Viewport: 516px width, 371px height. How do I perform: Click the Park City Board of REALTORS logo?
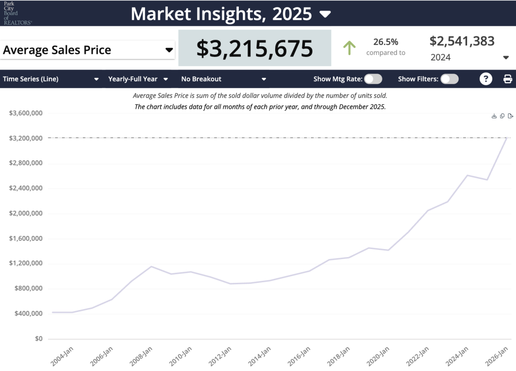pos(17,13)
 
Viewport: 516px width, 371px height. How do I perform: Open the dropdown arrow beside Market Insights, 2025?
pos(326,14)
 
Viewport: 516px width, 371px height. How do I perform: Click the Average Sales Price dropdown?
pos(88,50)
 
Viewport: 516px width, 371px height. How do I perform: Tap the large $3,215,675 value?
pos(254,48)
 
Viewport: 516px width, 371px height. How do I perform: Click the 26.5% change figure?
pos(385,42)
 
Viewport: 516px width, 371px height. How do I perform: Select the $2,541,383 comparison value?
pos(462,41)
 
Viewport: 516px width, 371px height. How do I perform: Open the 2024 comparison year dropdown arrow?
pos(506,57)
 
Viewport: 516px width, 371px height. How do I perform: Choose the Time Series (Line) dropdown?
pos(50,79)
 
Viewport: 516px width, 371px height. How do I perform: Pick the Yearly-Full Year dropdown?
pos(138,79)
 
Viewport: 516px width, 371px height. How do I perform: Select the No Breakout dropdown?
pos(223,79)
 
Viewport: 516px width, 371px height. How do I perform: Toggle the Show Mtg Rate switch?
pos(373,79)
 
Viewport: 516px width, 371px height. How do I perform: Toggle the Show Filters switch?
pos(449,79)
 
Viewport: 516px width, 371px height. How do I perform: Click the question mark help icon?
pos(486,79)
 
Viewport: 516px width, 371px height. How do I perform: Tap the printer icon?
pos(507,79)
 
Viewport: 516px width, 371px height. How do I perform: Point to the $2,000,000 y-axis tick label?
pos(25,213)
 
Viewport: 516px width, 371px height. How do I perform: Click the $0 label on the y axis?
pos(38,339)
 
